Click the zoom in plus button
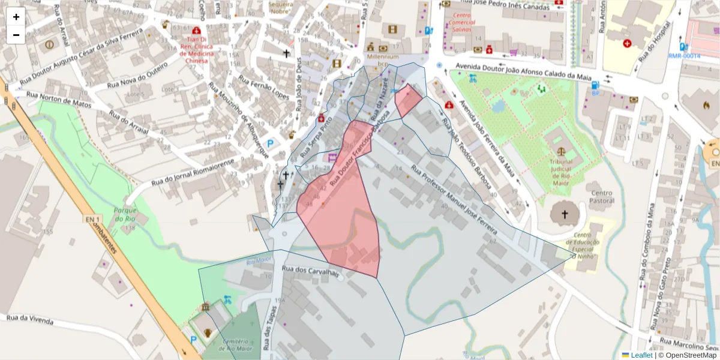[16, 17]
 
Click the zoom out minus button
[16, 35]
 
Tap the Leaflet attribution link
[641, 355]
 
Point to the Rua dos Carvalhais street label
[311, 271]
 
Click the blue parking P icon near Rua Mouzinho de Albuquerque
[271, 144]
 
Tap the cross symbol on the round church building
[564, 214]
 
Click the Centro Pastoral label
[602, 197]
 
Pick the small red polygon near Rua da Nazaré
[408, 100]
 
